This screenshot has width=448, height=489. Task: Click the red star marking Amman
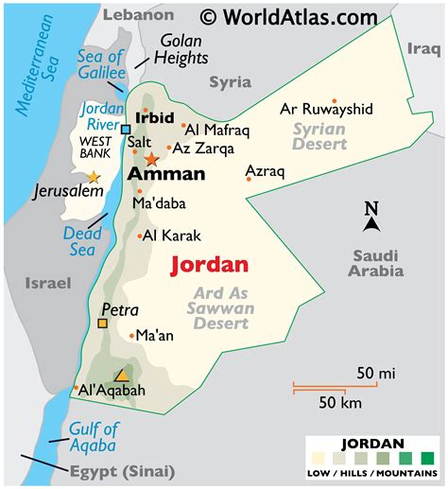point(152,160)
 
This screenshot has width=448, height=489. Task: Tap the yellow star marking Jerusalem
point(93,177)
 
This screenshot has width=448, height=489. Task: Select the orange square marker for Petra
point(102,323)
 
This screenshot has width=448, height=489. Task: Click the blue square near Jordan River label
point(126,130)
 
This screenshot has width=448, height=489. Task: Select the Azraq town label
point(265,171)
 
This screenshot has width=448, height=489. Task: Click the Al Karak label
point(174,236)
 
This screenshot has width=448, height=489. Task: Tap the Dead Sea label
point(82,241)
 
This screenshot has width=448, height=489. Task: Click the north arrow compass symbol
point(371,218)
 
